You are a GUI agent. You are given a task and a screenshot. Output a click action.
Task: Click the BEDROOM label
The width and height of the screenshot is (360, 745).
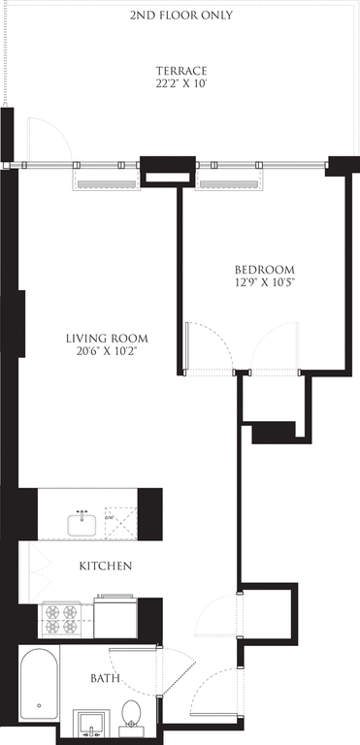tap(264, 269)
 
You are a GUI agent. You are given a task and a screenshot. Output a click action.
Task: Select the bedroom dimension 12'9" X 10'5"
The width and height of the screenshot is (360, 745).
tap(264, 282)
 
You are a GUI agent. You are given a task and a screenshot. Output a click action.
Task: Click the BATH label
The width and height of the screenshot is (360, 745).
tap(106, 678)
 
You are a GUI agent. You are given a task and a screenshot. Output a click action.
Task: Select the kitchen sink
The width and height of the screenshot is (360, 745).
tap(82, 524)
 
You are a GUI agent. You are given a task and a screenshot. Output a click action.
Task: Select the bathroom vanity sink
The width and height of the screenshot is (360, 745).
tap(94, 724)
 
